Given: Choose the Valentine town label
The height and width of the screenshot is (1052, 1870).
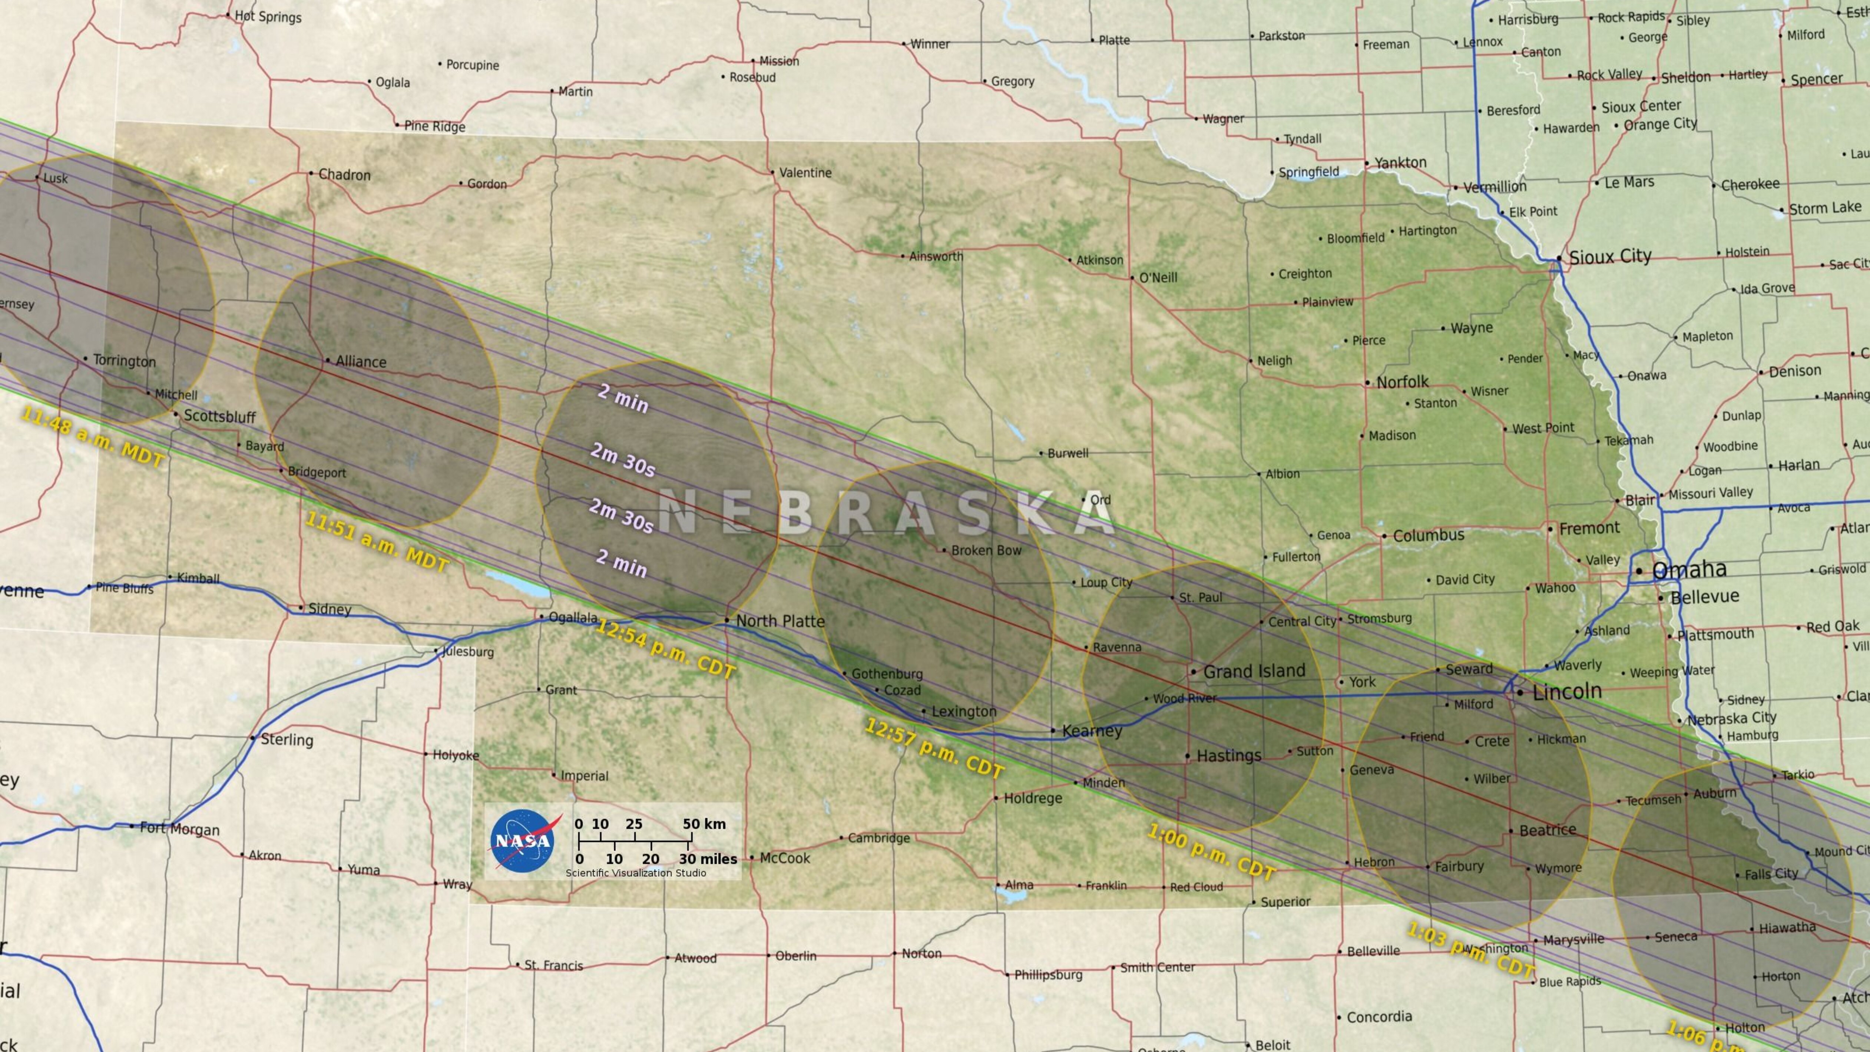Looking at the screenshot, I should pos(805,173).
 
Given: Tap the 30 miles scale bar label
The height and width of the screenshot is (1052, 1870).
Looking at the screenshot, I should pos(708,859).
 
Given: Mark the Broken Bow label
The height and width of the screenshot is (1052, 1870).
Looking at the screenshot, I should pos(986,550).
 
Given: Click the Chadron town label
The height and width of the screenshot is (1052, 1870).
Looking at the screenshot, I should pos(344,175).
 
